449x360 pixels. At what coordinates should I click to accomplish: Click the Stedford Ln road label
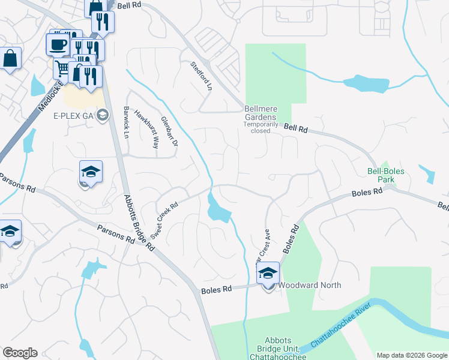[202, 76]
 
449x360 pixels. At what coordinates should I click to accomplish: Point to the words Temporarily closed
[261, 127]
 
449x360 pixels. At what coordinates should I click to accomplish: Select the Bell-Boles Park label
[385, 175]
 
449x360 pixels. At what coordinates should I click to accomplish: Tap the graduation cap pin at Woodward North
[268, 274]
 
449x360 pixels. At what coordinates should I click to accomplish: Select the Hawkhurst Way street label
[146, 129]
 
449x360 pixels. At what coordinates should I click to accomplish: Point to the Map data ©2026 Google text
[412, 355]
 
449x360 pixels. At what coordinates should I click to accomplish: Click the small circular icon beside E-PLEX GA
[103, 115]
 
